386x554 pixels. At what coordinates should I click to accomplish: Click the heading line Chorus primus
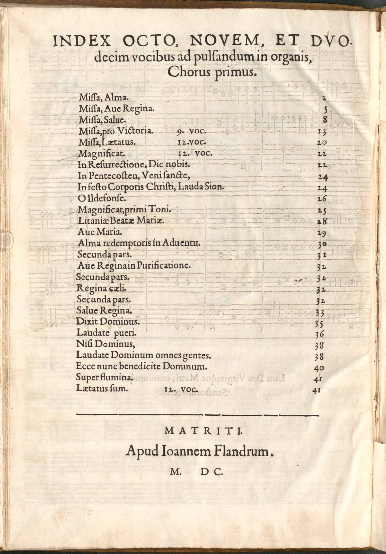tap(212, 72)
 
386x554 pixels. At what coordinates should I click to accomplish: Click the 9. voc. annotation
tap(192, 131)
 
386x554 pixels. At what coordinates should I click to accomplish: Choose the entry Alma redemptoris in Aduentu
tap(139, 243)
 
